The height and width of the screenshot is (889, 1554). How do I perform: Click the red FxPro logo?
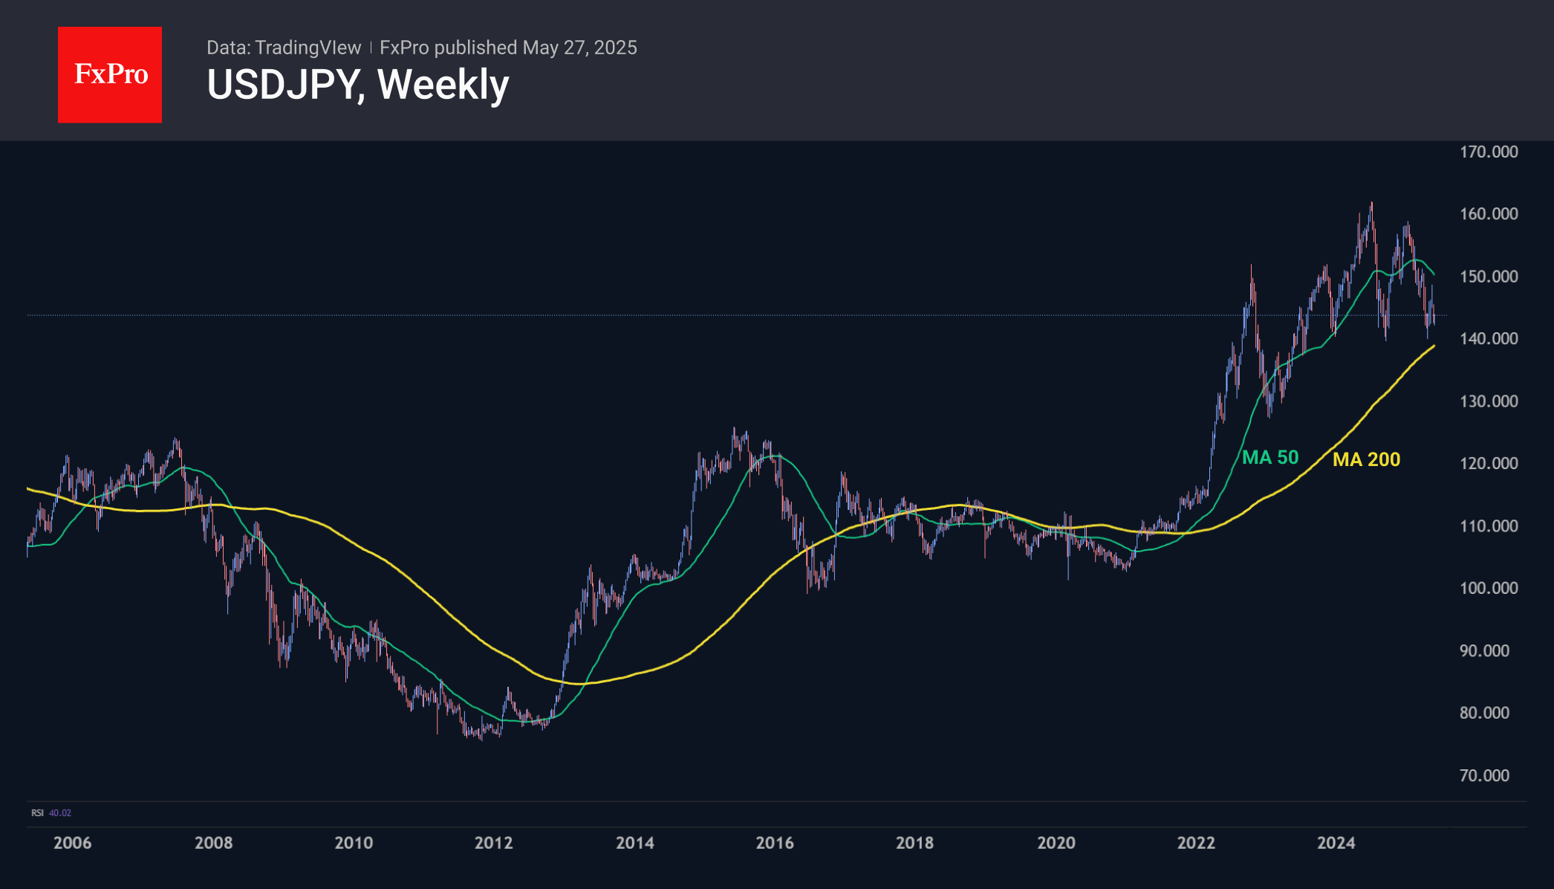tap(110, 74)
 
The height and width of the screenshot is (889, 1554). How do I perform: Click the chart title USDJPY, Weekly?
tap(357, 85)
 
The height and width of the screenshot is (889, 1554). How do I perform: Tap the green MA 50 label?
tap(1270, 457)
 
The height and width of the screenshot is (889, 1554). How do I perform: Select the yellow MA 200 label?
tap(1366, 459)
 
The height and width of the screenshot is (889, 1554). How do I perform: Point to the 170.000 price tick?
tap(1489, 152)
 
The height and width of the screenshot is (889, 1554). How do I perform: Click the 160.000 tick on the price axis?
tap(1489, 214)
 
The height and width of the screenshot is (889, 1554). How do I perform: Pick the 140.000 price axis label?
tap(1489, 339)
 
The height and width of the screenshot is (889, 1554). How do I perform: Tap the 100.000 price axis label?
tap(1489, 588)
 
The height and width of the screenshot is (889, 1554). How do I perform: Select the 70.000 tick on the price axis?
tap(1484, 775)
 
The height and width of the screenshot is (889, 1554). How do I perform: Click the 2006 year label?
tap(72, 843)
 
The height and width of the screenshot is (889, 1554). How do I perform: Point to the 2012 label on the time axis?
tap(493, 843)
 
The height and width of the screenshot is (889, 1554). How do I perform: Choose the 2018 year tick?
tap(914, 843)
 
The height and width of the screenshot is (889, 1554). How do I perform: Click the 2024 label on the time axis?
tap(1336, 843)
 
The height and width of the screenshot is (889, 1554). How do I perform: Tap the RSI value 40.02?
tap(60, 813)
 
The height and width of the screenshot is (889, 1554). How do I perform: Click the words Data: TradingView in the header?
tap(284, 48)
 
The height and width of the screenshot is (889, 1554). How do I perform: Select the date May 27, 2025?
tap(579, 48)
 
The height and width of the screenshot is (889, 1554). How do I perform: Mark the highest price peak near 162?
tap(1371, 203)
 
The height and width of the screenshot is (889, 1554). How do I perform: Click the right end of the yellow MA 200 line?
tap(1434, 346)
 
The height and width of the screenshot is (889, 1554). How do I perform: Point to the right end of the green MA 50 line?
tap(1434, 275)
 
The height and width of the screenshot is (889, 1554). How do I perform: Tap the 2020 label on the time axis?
tap(1056, 843)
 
